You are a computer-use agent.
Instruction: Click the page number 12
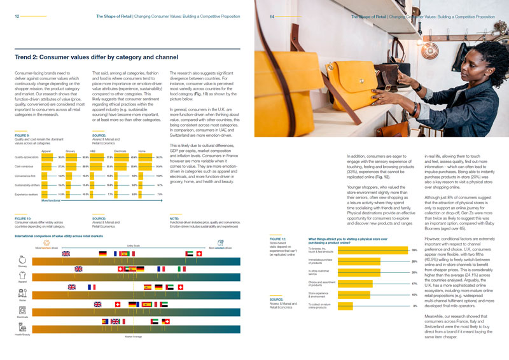click(x=17, y=17)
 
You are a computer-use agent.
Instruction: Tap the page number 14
click(x=271, y=17)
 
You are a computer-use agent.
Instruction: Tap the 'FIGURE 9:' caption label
click(x=24, y=135)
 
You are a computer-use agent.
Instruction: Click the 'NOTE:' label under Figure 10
click(x=175, y=218)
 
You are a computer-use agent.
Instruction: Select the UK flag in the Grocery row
click(x=66, y=254)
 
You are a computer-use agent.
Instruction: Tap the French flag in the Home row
click(x=91, y=287)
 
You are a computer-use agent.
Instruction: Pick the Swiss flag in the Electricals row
click(x=117, y=305)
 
